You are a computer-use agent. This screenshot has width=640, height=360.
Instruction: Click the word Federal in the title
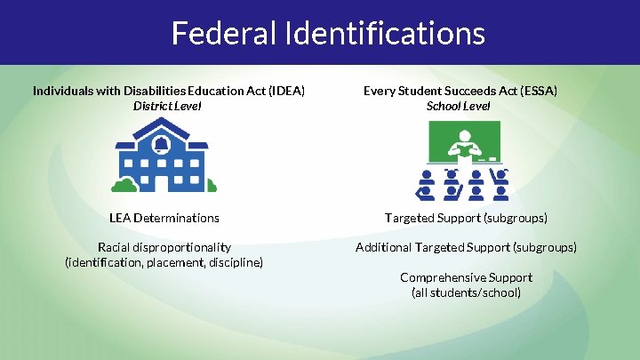[x=222, y=33]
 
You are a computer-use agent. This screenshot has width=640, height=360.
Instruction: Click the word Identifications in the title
[x=382, y=33]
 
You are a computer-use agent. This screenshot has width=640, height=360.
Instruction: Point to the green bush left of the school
[x=124, y=185]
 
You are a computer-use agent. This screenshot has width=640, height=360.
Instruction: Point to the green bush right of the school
[x=201, y=186]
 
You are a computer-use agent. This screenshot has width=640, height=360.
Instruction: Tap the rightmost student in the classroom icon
[x=502, y=183]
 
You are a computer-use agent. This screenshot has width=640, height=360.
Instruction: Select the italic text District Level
[x=167, y=106]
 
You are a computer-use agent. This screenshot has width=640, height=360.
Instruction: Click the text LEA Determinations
[x=164, y=218]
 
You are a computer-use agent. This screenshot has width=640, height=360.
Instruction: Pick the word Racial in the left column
[x=116, y=247]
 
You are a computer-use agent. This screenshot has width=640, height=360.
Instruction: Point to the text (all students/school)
[x=466, y=292]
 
